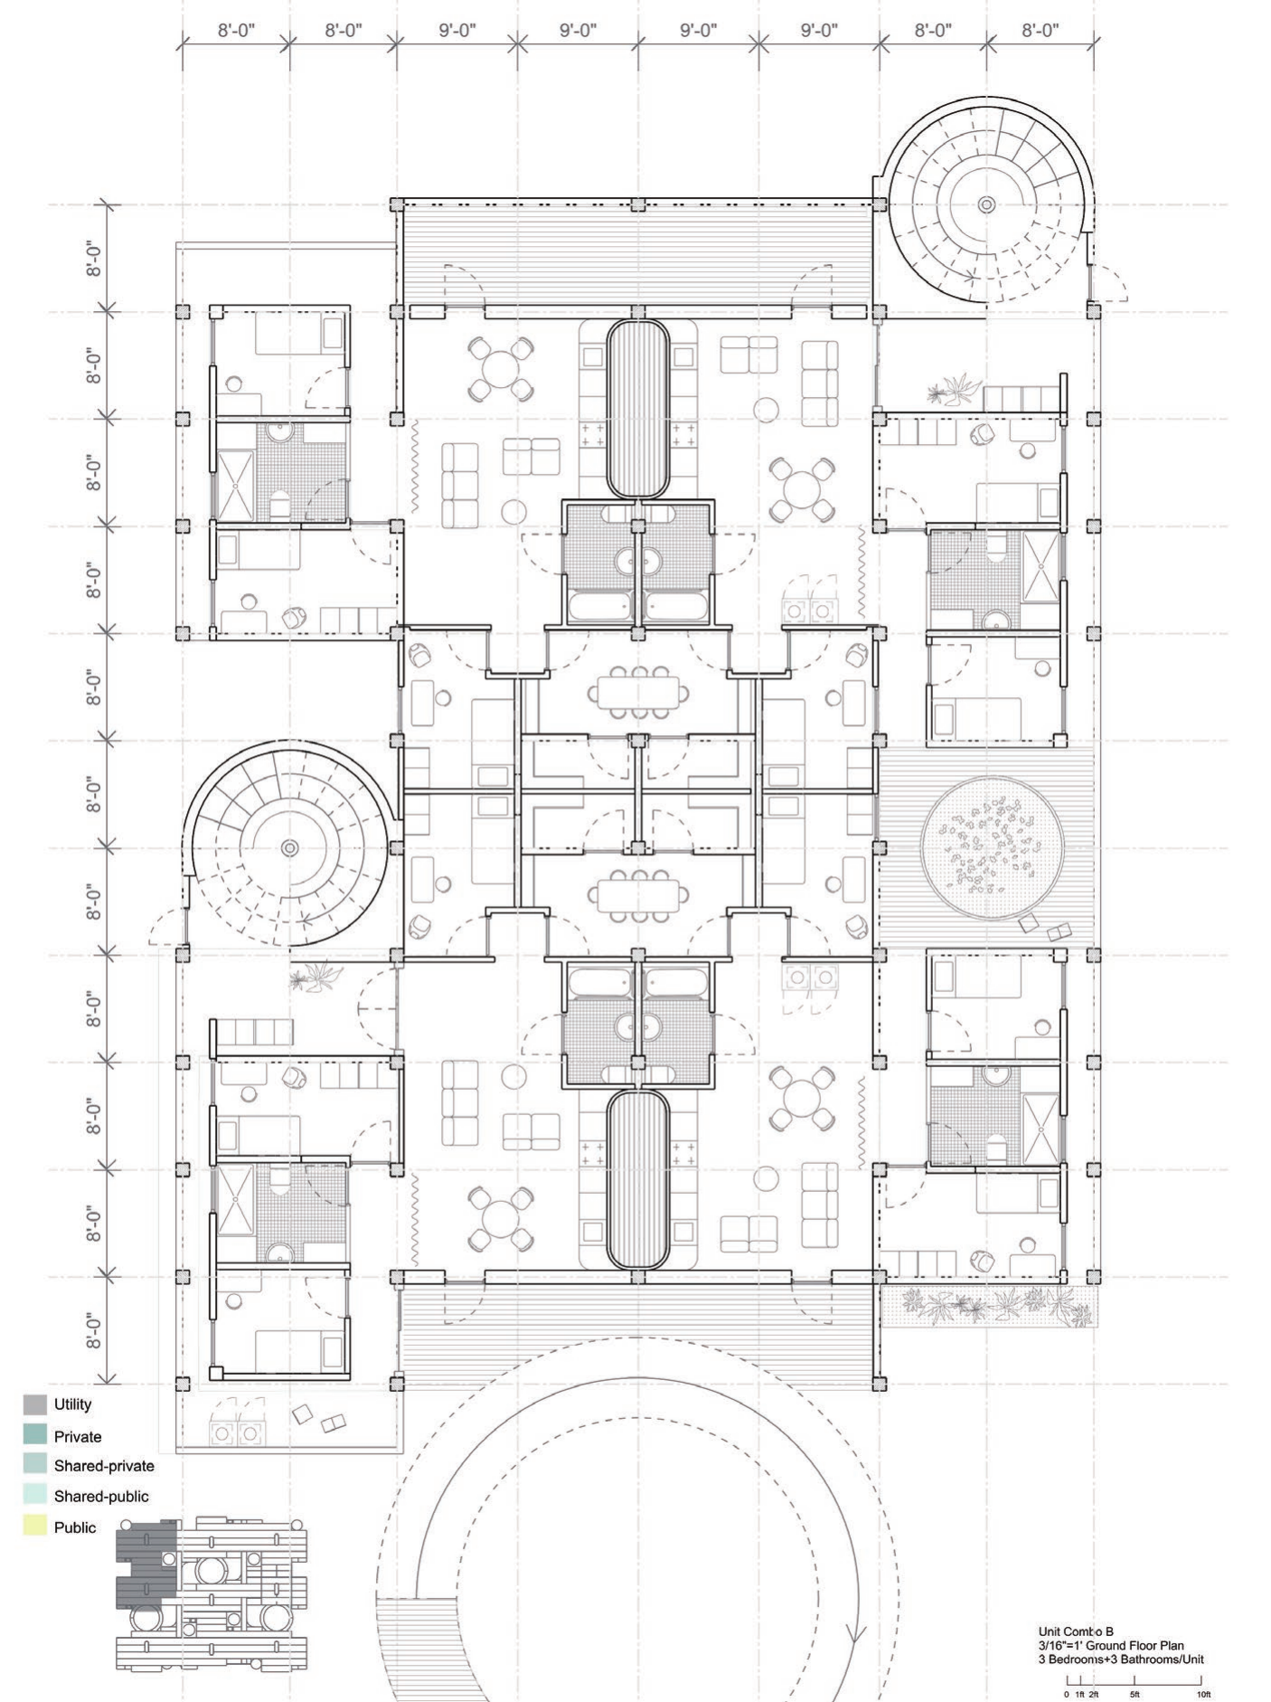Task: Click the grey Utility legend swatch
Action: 35,1404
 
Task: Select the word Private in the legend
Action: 78,1437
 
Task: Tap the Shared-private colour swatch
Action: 35,1466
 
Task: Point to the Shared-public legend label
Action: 101,1497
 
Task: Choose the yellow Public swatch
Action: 35,1527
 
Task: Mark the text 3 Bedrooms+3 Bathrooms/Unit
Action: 1121,1659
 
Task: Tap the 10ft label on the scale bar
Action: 1203,1694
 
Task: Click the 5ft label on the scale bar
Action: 1134,1694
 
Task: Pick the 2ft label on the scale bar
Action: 1094,1694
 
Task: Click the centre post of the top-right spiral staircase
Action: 986,204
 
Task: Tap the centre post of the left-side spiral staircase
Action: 289,847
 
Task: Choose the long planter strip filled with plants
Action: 989,1307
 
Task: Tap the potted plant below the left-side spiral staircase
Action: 315,977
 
